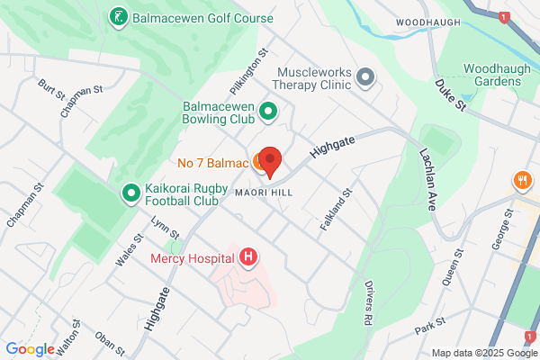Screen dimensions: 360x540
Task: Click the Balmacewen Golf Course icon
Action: coord(118,17)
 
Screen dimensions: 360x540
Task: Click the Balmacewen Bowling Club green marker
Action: coord(267,112)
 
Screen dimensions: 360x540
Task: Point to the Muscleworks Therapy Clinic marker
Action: coord(365,78)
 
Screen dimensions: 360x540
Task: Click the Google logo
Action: coord(30,349)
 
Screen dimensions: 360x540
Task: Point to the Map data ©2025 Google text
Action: coord(481,352)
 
